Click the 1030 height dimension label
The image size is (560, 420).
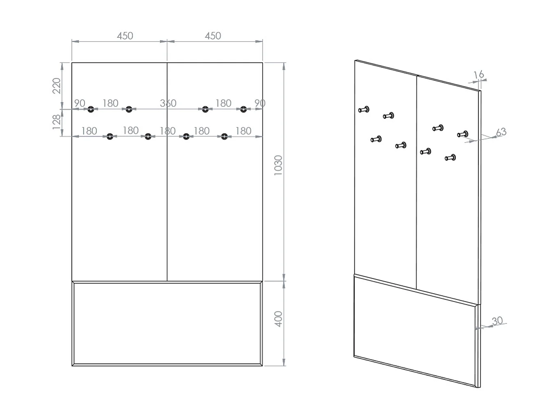(278, 165)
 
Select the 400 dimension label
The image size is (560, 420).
(278, 319)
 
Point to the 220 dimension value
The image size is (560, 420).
(56, 86)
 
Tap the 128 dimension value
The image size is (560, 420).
(56, 122)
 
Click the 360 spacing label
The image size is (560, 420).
(168, 103)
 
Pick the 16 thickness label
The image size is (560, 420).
(478, 75)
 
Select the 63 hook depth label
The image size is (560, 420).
(501, 132)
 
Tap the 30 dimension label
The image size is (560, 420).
(497, 321)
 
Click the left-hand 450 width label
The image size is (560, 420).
(125, 36)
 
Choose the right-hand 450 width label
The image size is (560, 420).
(213, 36)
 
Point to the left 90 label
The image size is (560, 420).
(80, 103)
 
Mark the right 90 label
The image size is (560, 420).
(260, 103)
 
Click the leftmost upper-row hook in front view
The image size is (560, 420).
(91, 109)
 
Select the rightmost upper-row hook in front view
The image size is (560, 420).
(244, 109)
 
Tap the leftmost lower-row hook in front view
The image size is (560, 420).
(110, 136)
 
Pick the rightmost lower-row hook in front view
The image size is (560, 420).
(224, 136)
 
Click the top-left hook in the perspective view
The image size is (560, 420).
(364, 110)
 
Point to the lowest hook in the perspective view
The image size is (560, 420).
(450, 158)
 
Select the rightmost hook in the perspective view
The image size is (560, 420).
(462, 134)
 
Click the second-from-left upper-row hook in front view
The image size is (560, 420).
(129, 109)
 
